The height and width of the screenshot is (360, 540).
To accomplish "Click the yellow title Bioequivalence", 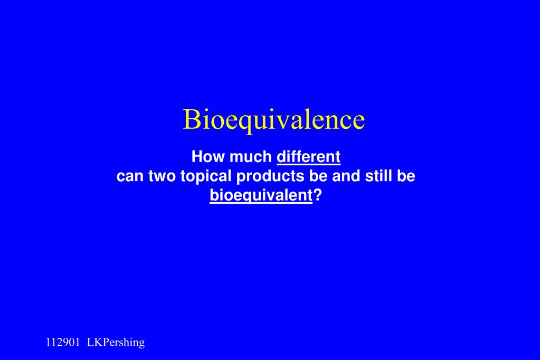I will pos(273,120).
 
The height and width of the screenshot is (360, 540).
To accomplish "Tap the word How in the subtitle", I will pos(204,157).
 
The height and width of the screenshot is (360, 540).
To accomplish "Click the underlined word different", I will pos(309,157).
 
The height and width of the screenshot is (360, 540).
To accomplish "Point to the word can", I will pos(129,177).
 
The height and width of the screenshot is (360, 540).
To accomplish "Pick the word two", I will pos(162,177).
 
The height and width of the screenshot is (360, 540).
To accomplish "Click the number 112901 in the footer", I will pos(63,343).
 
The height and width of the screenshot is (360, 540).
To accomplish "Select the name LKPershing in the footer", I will pos(116,343).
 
